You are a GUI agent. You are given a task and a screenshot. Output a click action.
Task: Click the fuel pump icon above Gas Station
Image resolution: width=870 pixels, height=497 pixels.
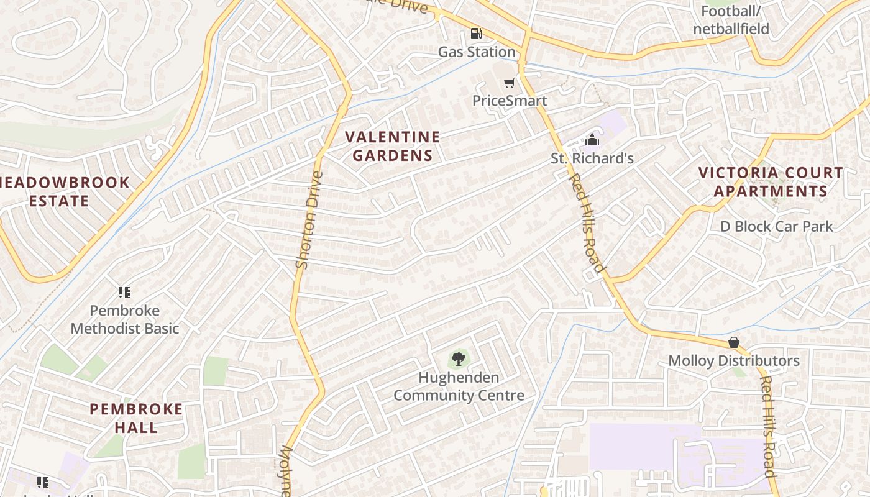(476, 34)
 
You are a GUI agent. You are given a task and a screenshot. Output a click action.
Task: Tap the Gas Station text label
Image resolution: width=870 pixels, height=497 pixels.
(477, 52)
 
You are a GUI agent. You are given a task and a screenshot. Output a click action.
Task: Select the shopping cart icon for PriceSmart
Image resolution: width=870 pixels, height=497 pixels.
(510, 83)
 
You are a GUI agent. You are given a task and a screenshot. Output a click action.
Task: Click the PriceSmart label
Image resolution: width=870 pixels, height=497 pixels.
(510, 101)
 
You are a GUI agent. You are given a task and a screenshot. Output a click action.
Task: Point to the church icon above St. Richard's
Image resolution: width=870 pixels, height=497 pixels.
(592, 140)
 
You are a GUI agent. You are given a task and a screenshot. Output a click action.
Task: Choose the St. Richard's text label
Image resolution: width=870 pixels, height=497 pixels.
(592, 158)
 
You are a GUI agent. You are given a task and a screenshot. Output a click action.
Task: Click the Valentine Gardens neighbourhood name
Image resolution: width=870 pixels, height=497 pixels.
(392, 146)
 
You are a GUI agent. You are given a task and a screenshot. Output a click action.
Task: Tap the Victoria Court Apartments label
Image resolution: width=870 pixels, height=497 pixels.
(771, 181)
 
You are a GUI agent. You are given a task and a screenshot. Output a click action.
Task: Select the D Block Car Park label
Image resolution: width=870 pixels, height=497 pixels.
(776, 226)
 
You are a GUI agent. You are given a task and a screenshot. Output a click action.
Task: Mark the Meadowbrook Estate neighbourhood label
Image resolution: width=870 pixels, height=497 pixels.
(62, 191)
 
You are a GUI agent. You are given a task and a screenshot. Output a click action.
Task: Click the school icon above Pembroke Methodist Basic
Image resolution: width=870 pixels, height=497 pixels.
(124, 293)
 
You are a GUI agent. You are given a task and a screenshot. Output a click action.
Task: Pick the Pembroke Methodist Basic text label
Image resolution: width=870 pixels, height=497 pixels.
(124, 319)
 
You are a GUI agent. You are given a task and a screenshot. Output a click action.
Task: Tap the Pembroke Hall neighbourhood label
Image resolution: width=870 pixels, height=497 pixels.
(136, 418)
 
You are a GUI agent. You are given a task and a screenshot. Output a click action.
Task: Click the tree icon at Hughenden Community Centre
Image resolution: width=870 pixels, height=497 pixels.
(459, 359)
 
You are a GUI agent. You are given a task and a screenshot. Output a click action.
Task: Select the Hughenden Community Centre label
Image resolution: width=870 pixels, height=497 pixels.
(459, 386)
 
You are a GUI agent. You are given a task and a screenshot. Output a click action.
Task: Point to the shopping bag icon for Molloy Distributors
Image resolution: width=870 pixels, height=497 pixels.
(733, 342)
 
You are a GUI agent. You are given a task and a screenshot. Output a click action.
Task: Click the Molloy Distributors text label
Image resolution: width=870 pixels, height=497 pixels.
(733, 360)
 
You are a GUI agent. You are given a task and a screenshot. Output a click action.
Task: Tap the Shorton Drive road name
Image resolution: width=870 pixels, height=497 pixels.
(309, 220)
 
